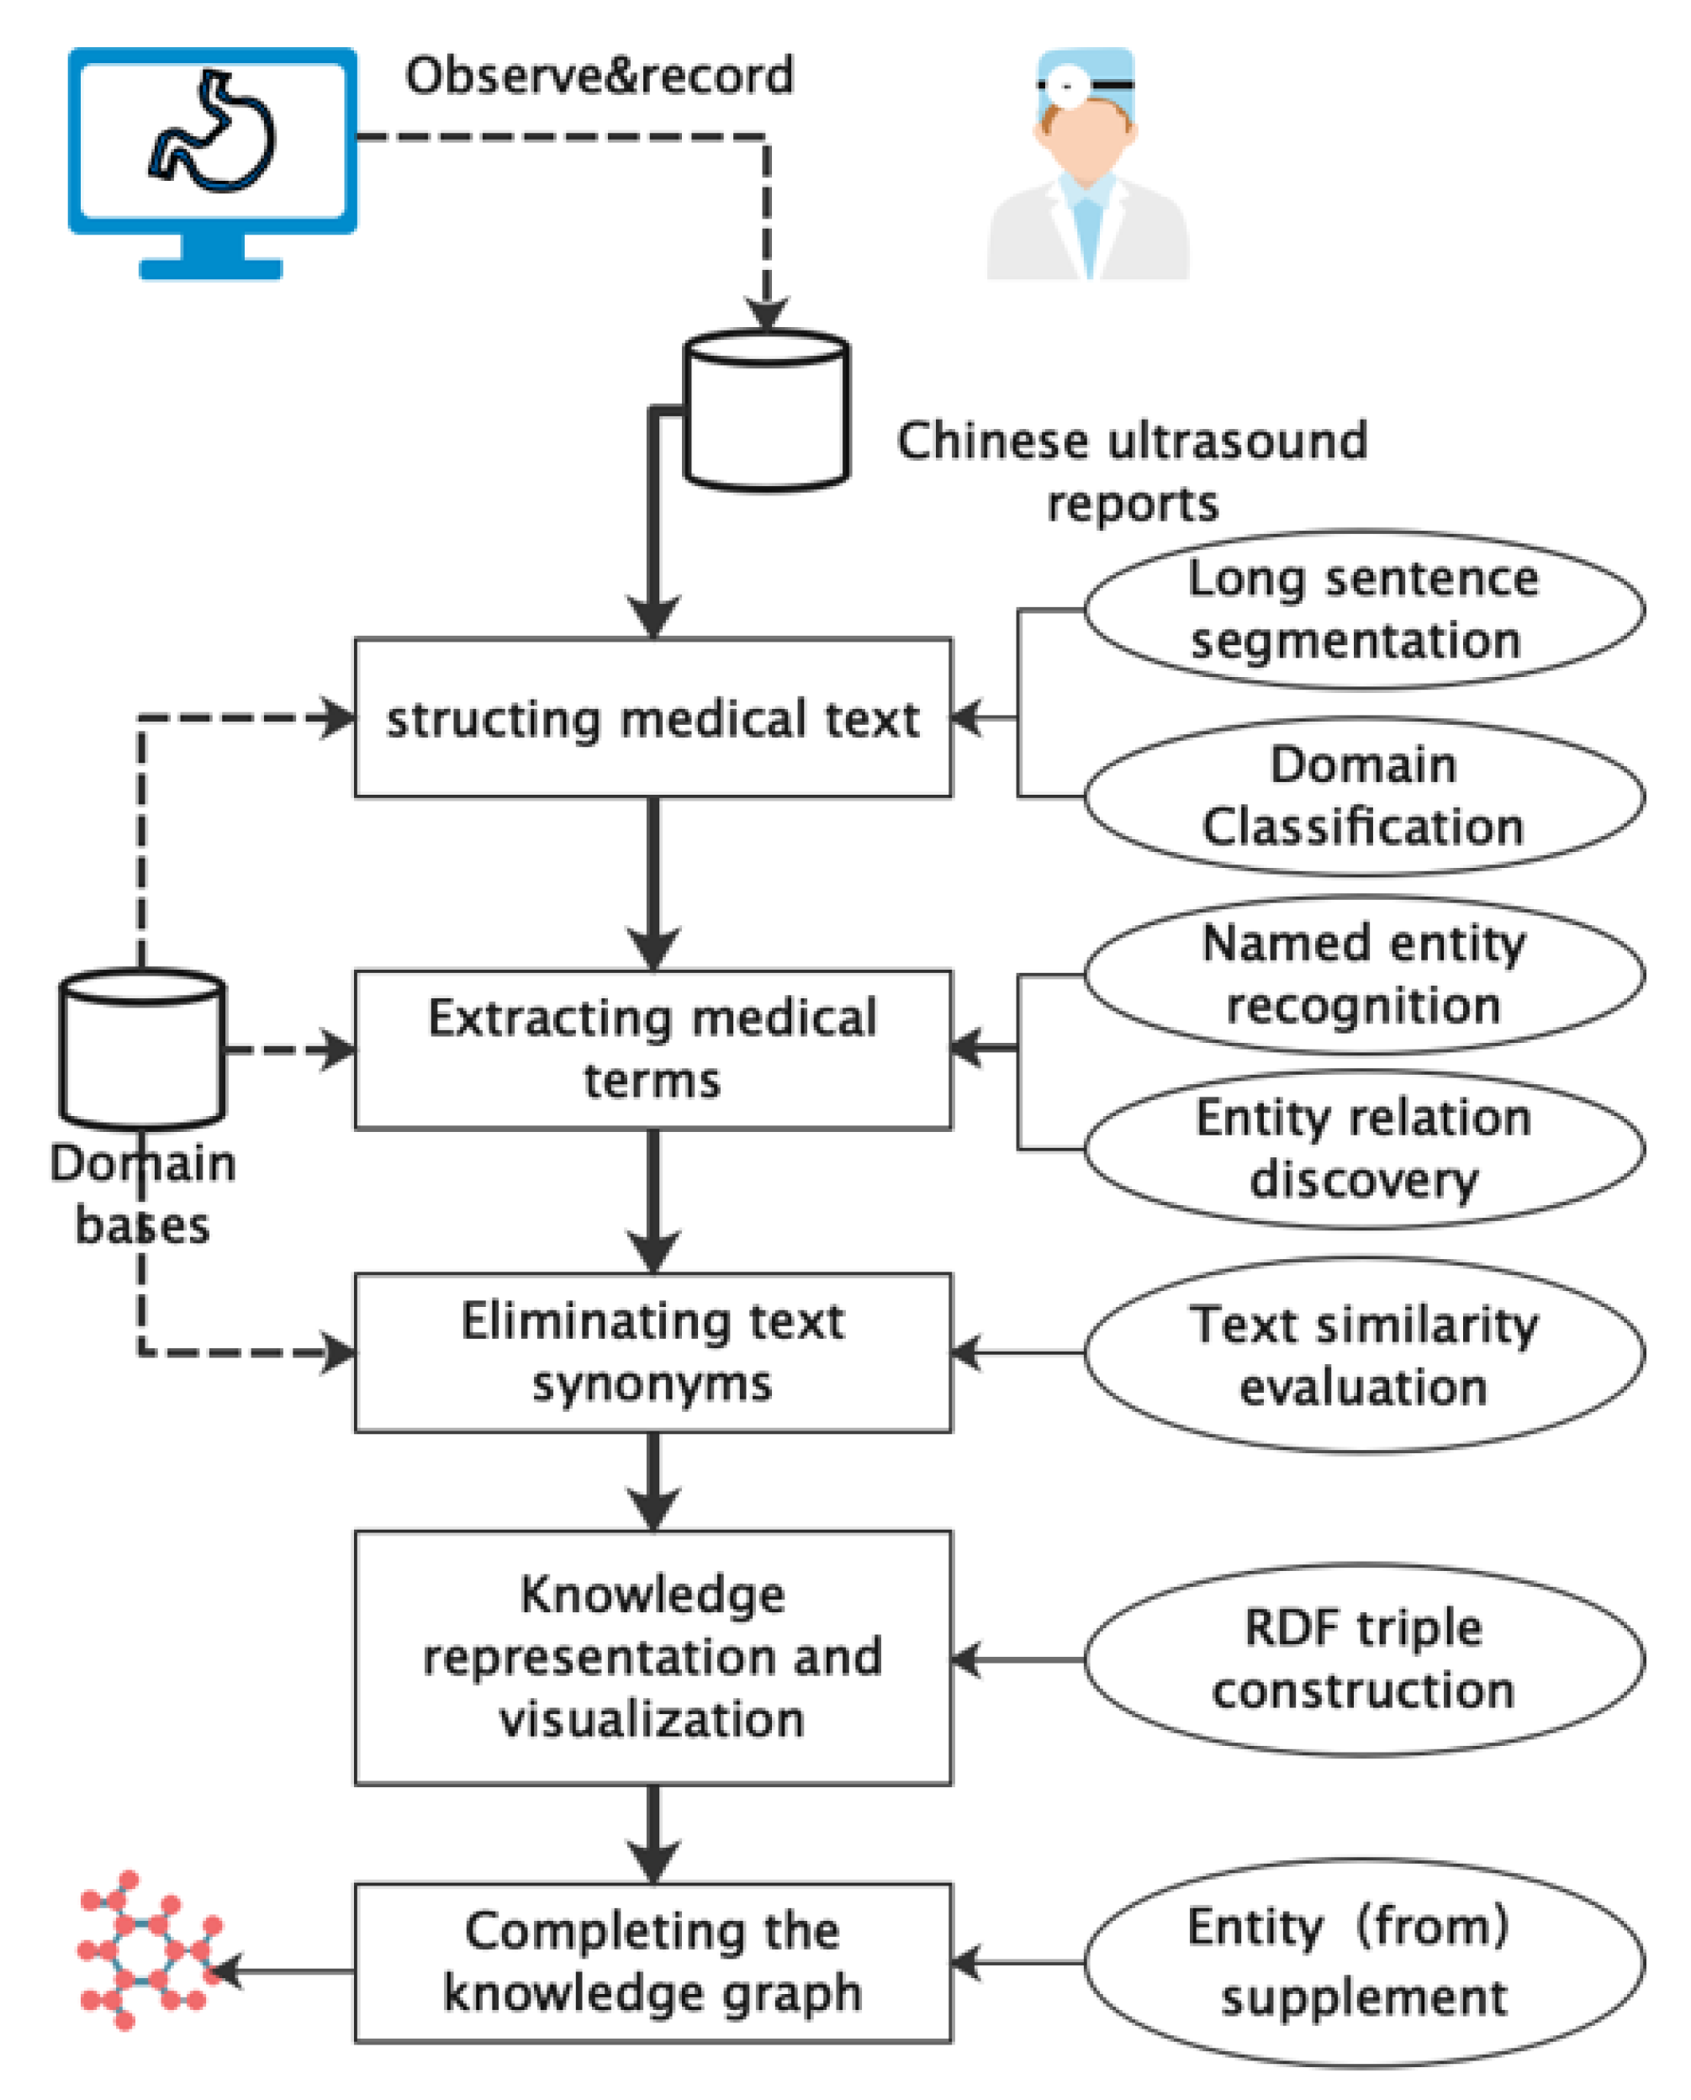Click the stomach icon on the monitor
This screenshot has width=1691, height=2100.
tap(213, 131)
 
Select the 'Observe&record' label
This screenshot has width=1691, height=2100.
tap(599, 76)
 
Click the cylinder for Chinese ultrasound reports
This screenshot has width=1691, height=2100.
tap(767, 411)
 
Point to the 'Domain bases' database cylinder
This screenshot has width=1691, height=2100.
tap(142, 1049)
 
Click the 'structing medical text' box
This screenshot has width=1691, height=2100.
tap(653, 719)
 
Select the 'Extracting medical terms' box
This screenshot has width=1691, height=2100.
tap(653, 1049)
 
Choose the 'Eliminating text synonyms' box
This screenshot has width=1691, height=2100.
tap(653, 1352)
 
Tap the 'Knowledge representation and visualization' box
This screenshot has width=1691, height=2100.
tap(653, 1657)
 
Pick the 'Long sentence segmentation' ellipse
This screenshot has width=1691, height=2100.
tap(1364, 611)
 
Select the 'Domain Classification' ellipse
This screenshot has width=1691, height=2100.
tap(1364, 796)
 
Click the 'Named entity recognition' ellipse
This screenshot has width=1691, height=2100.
tap(1364, 974)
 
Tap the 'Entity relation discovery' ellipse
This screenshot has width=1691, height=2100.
tap(1364, 1150)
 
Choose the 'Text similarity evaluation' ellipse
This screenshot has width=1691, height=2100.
tap(1364, 1354)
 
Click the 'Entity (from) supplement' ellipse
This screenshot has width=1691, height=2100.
tap(1364, 1962)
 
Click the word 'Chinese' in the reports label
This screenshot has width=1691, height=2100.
tap(991, 442)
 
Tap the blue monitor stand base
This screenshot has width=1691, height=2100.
tap(210, 267)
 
